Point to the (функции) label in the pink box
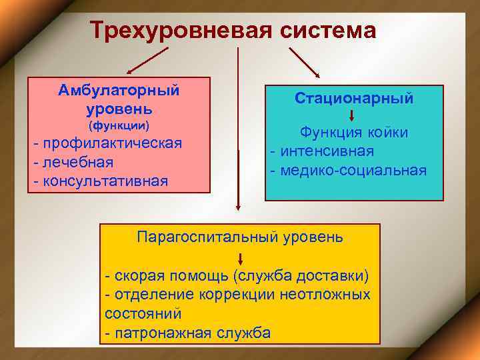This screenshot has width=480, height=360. [119, 125]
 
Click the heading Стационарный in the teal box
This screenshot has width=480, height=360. [354, 98]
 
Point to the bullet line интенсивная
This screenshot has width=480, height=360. [323, 151]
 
